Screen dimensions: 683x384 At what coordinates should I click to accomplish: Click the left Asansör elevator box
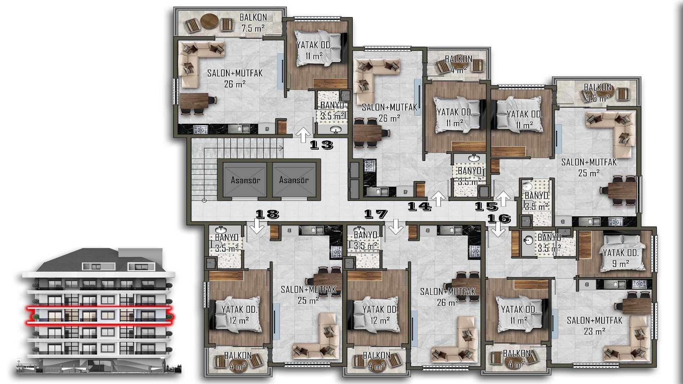[x=245, y=180]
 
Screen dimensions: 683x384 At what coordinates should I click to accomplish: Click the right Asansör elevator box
[x=294, y=180]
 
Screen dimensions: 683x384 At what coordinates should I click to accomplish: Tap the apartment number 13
[x=321, y=145]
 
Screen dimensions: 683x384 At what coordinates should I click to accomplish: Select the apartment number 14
[x=419, y=206]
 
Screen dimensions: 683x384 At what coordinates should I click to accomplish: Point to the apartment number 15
[x=487, y=206]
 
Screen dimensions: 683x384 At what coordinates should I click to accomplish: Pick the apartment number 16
[x=499, y=218]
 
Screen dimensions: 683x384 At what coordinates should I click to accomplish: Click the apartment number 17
[x=376, y=214]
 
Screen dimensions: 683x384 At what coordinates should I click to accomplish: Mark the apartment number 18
[x=268, y=214]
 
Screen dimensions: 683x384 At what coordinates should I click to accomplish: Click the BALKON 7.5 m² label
[x=253, y=23]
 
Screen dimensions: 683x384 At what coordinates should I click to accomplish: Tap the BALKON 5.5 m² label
[x=598, y=92]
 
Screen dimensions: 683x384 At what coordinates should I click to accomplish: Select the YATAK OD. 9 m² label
[x=621, y=258]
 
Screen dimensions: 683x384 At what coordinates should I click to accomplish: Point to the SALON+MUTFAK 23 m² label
[x=594, y=326]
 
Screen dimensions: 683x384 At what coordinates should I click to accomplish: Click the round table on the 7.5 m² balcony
[x=209, y=21]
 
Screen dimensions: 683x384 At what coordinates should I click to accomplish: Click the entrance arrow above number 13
[x=303, y=135]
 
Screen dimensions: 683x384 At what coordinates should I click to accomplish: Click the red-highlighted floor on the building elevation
[x=98, y=315]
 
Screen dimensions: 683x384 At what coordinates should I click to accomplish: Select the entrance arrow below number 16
[x=498, y=230]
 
